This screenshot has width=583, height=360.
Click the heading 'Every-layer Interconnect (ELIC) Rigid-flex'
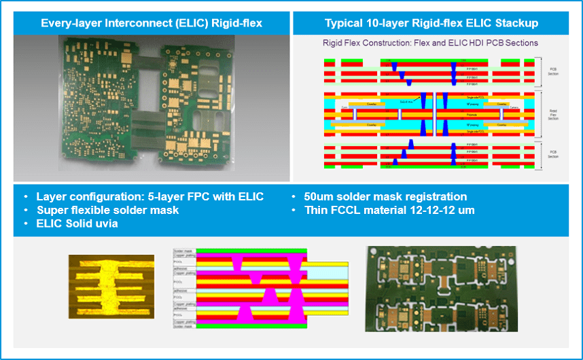coord(152,23)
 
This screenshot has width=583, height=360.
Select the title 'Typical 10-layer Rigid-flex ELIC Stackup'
coord(431,23)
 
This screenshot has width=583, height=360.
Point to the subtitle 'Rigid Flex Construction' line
coord(431,43)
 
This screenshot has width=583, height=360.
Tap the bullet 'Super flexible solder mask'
coord(107,210)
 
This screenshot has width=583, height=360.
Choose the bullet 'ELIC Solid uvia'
coord(77,223)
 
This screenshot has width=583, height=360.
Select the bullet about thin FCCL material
coord(379,210)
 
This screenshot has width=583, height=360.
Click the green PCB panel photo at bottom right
coord(440,285)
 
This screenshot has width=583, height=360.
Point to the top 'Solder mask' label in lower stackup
coord(184,251)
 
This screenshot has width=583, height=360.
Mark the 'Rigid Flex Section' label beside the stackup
coord(553,113)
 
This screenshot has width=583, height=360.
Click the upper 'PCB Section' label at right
coord(553,70)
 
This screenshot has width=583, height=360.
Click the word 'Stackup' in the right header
coord(516,23)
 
